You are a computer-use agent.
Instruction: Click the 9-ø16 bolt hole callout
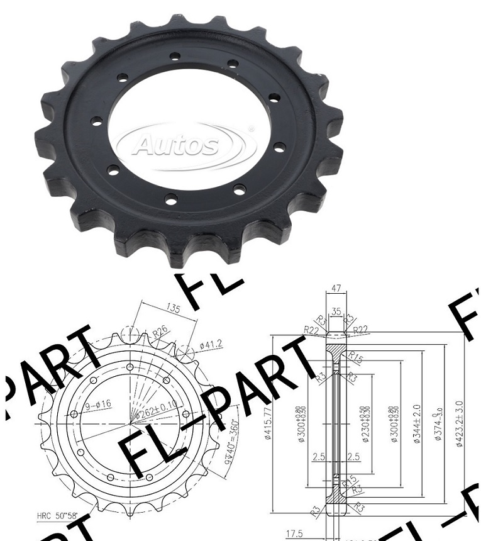pyautogui.click(x=98, y=404)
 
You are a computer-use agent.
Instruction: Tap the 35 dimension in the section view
pyautogui.click(x=337, y=311)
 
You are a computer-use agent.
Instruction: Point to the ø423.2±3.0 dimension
pyautogui.click(x=460, y=423)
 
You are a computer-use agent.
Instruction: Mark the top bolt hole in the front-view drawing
pyautogui.click(x=130, y=367)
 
